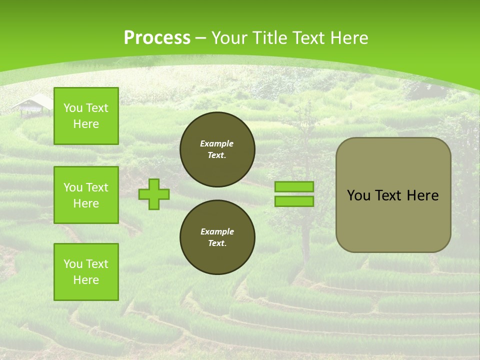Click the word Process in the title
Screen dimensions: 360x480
point(157,38)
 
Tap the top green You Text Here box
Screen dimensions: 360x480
point(86,116)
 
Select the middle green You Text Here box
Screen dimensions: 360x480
point(86,195)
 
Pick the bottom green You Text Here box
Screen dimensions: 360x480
point(86,272)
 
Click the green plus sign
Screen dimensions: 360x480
point(154,194)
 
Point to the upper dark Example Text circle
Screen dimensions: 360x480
point(217,149)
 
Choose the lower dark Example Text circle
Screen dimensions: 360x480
point(217,237)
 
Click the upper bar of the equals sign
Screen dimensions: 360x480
point(294,186)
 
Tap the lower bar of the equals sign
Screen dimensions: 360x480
point(294,201)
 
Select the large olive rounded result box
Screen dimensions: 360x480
point(393,220)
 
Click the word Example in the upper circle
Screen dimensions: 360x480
point(217,143)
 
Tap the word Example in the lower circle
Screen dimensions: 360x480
point(217,231)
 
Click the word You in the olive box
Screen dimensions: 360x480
point(358,195)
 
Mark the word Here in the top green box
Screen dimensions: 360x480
point(86,124)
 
